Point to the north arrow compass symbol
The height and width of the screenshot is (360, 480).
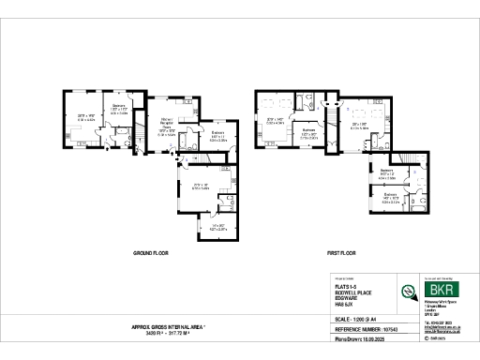409,291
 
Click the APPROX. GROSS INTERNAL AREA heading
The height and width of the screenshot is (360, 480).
168,327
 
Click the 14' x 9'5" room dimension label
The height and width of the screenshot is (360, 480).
217,226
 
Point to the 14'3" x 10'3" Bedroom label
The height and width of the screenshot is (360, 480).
390,198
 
